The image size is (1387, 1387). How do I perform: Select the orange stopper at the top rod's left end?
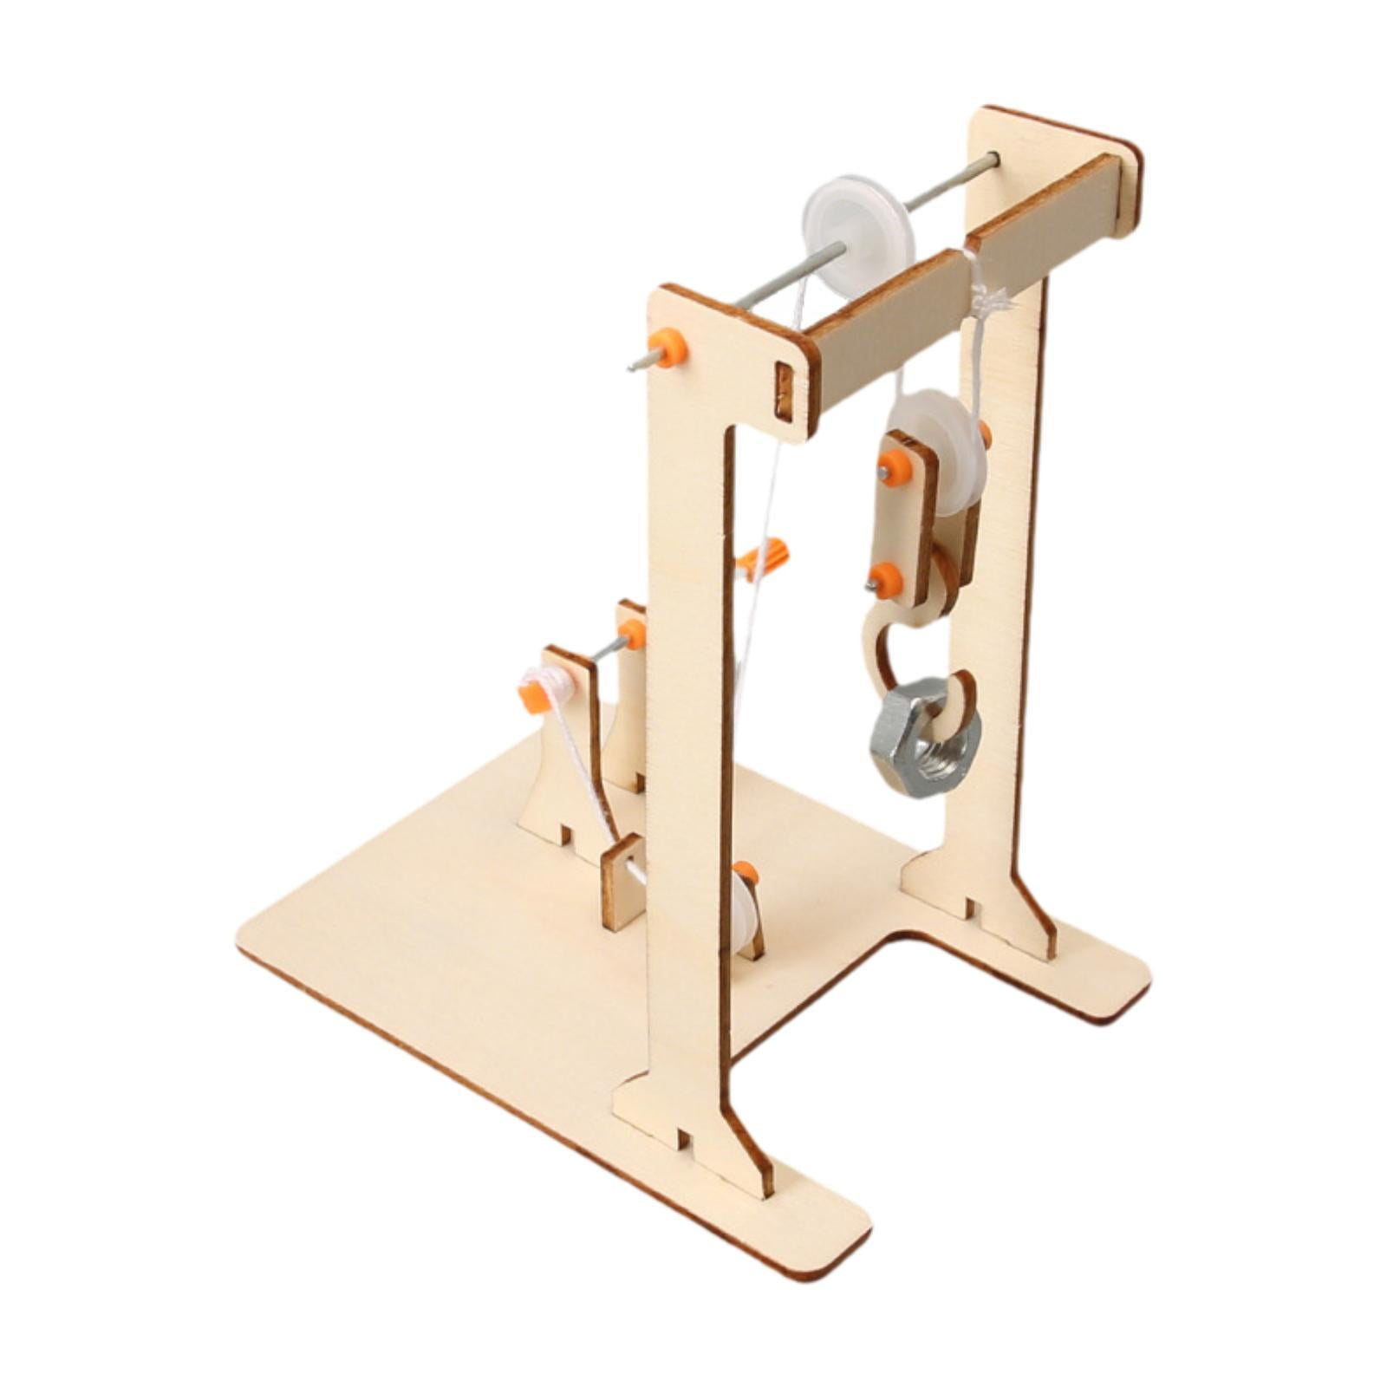point(671,348)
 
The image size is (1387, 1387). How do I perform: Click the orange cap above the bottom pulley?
point(745,873)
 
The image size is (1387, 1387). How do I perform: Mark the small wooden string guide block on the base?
point(622,882)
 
